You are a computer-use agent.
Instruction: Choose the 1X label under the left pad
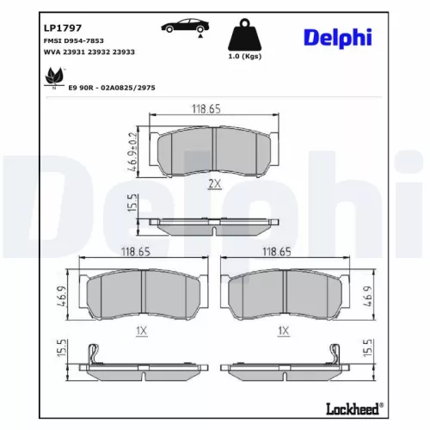tap(143, 329)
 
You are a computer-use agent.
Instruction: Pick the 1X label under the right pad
tap(284, 329)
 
